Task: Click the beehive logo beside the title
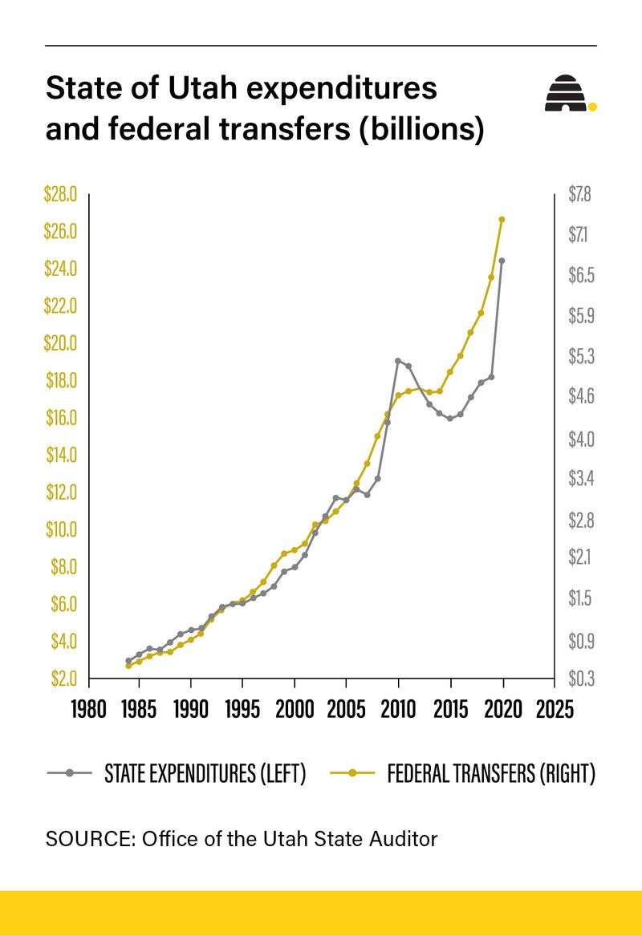tap(567, 95)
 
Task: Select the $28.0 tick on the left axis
tap(60, 195)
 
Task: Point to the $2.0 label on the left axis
tap(61, 679)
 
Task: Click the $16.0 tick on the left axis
tap(60, 418)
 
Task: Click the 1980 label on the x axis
tap(88, 710)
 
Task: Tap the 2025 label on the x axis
tap(555, 710)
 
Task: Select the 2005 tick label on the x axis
tap(347, 710)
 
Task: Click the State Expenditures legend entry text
tap(205, 774)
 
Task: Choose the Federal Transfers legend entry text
tap(491, 774)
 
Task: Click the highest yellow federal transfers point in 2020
tap(502, 219)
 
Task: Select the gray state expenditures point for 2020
tap(502, 261)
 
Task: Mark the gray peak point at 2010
tap(398, 361)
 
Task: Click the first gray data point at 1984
tap(128, 661)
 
